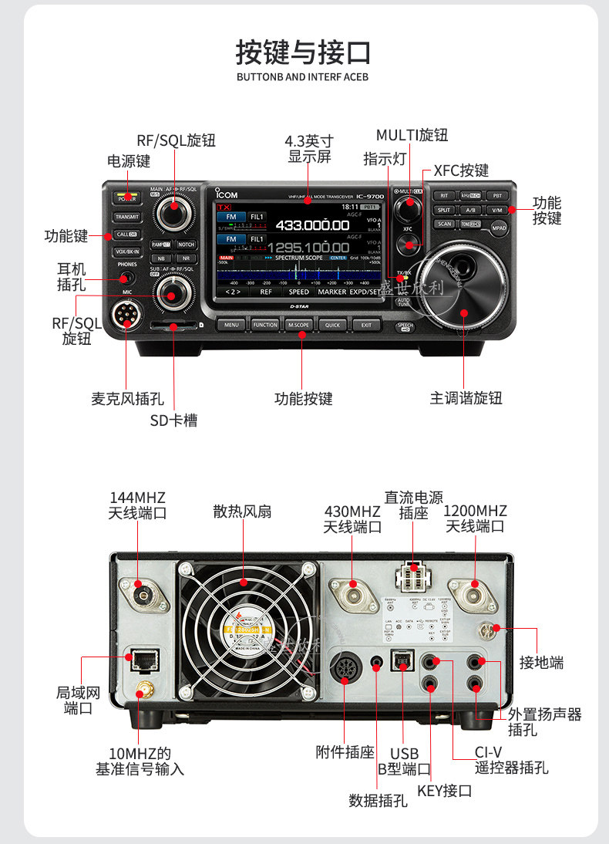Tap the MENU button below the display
click(232, 325)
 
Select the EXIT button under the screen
click(366, 325)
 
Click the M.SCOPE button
click(298, 325)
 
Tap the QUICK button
click(332, 325)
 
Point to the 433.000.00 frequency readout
click(313, 225)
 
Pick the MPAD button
click(500, 228)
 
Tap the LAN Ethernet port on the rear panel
click(143, 659)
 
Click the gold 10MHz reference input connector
click(143, 688)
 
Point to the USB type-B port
click(402, 662)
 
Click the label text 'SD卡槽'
click(173, 420)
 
